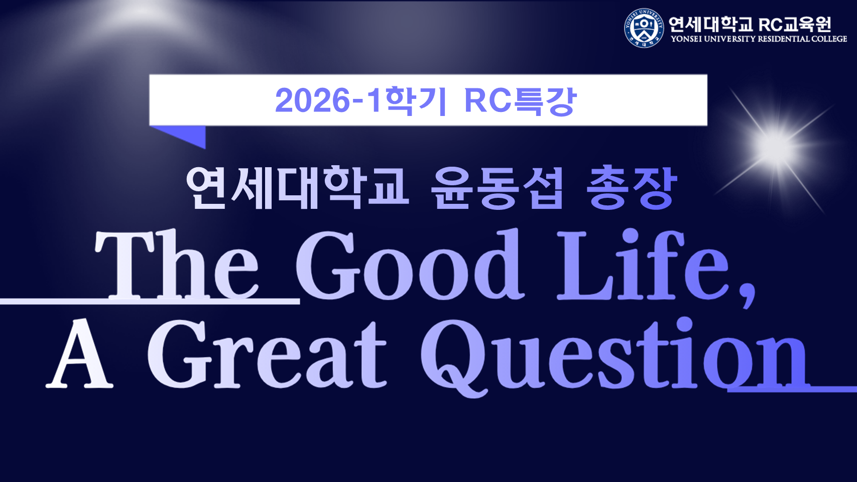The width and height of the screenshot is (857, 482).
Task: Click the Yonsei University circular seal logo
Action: click(x=644, y=28)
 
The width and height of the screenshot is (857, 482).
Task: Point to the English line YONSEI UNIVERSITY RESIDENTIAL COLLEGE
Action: click(x=759, y=39)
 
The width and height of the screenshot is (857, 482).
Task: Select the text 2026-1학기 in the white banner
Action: click(x=360, y=100)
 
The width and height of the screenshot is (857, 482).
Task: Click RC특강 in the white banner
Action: click(x=520, y=100)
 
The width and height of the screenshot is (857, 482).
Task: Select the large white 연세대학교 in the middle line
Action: click(x=298, y=187)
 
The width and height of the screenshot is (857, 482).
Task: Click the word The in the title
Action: click(x=177, y=264)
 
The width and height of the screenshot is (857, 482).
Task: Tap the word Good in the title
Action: click(x=409, y=264)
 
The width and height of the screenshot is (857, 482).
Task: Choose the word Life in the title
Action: click(x=643, y=264)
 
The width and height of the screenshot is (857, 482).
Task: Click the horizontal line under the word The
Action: click(x=150, y=302)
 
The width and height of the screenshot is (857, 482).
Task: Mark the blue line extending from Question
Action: click(x=792, y=390)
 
